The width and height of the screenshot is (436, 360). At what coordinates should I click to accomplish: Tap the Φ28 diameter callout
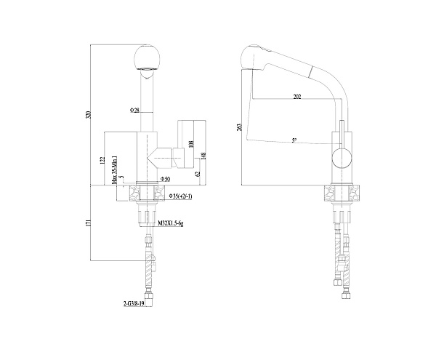coord(134,110)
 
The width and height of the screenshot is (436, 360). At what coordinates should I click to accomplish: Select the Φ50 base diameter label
coord(166,178)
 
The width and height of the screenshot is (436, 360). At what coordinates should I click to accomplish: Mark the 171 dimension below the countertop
coord(89,223)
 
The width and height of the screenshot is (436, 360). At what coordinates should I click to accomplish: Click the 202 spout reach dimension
coord(296,96)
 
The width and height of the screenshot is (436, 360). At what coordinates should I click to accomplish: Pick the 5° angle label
coord(294,140)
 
